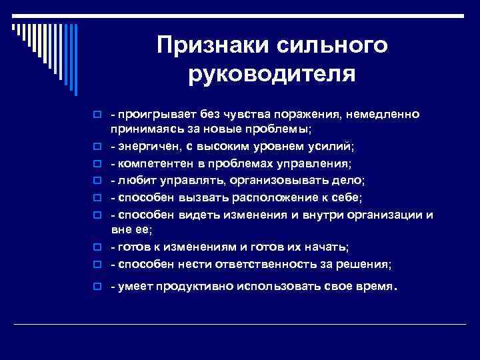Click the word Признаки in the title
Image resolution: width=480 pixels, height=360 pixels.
210,45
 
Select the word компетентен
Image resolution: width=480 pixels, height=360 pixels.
151,164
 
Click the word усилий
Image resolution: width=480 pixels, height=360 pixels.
340,146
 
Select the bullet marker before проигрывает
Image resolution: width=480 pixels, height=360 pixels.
97,115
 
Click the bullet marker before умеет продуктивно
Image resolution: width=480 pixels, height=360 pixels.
97,289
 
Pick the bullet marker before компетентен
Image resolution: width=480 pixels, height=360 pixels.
97,164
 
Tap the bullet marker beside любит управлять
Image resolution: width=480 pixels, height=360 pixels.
97,181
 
